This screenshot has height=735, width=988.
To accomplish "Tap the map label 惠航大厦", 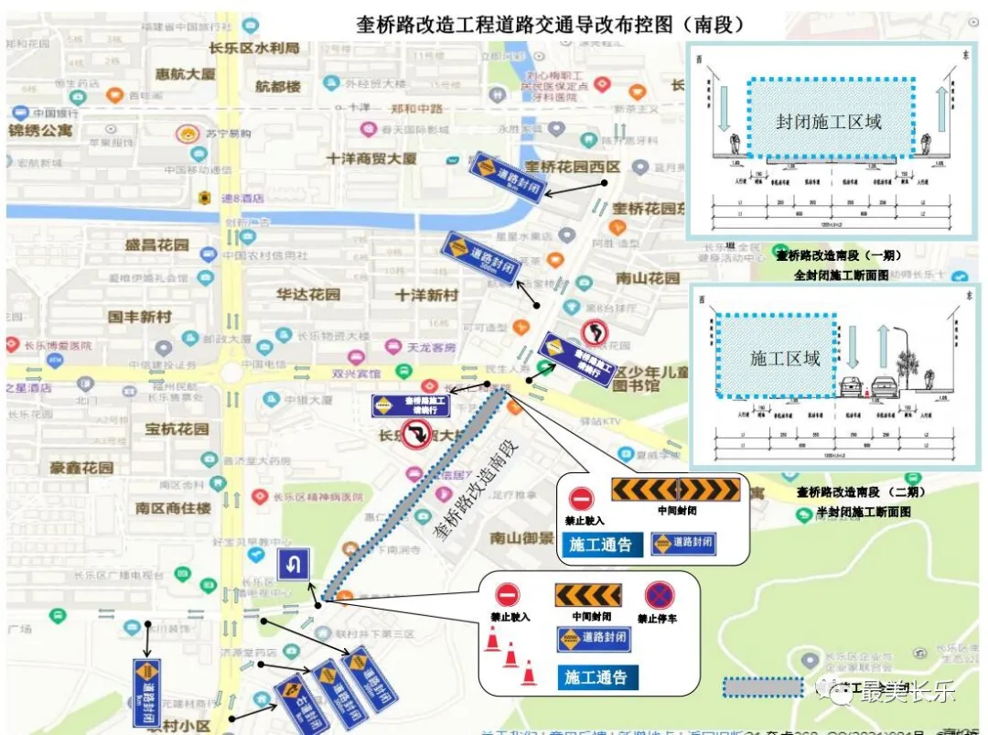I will coord(186,74).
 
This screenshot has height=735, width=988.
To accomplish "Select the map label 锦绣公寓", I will coord(41,130).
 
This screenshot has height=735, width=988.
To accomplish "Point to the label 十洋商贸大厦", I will coord(371,158).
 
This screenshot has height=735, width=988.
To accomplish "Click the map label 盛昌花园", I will coord(156,245).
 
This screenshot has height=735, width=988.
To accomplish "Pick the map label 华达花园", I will coord(307,295).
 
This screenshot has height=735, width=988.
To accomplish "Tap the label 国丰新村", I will coord(139,317).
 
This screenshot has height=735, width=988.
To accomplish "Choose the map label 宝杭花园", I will coord(177,428).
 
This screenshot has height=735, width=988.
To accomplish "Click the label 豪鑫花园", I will coord(81,468).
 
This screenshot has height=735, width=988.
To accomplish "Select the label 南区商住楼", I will coord(173,507).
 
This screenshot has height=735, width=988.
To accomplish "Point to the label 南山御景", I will coord(521,537).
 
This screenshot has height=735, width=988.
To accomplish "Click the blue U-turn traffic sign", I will coord(293,564).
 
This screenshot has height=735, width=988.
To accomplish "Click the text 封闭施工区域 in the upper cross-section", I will coord(829,122).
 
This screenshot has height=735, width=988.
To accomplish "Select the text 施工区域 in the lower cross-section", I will coord(784,359).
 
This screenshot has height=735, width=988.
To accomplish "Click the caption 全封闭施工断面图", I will coord(841,274).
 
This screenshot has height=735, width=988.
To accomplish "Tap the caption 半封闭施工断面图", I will coord(864,512).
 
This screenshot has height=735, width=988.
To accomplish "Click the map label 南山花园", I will coord(648,278).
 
